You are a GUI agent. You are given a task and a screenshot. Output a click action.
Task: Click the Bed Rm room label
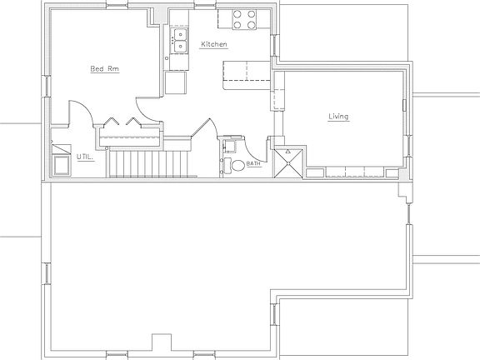coord(105,69)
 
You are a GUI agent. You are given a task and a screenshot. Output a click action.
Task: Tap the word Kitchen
coord(213,44)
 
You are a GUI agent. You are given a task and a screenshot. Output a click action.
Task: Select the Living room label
coord(337,117)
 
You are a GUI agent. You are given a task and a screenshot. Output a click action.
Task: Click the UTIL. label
coord(85,156)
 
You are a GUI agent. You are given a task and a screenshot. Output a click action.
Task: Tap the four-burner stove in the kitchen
coord(242,18)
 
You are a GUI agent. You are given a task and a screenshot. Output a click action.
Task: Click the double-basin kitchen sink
coord(178,39)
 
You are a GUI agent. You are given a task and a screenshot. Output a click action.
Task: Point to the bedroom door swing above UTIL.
coord(76,113)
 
